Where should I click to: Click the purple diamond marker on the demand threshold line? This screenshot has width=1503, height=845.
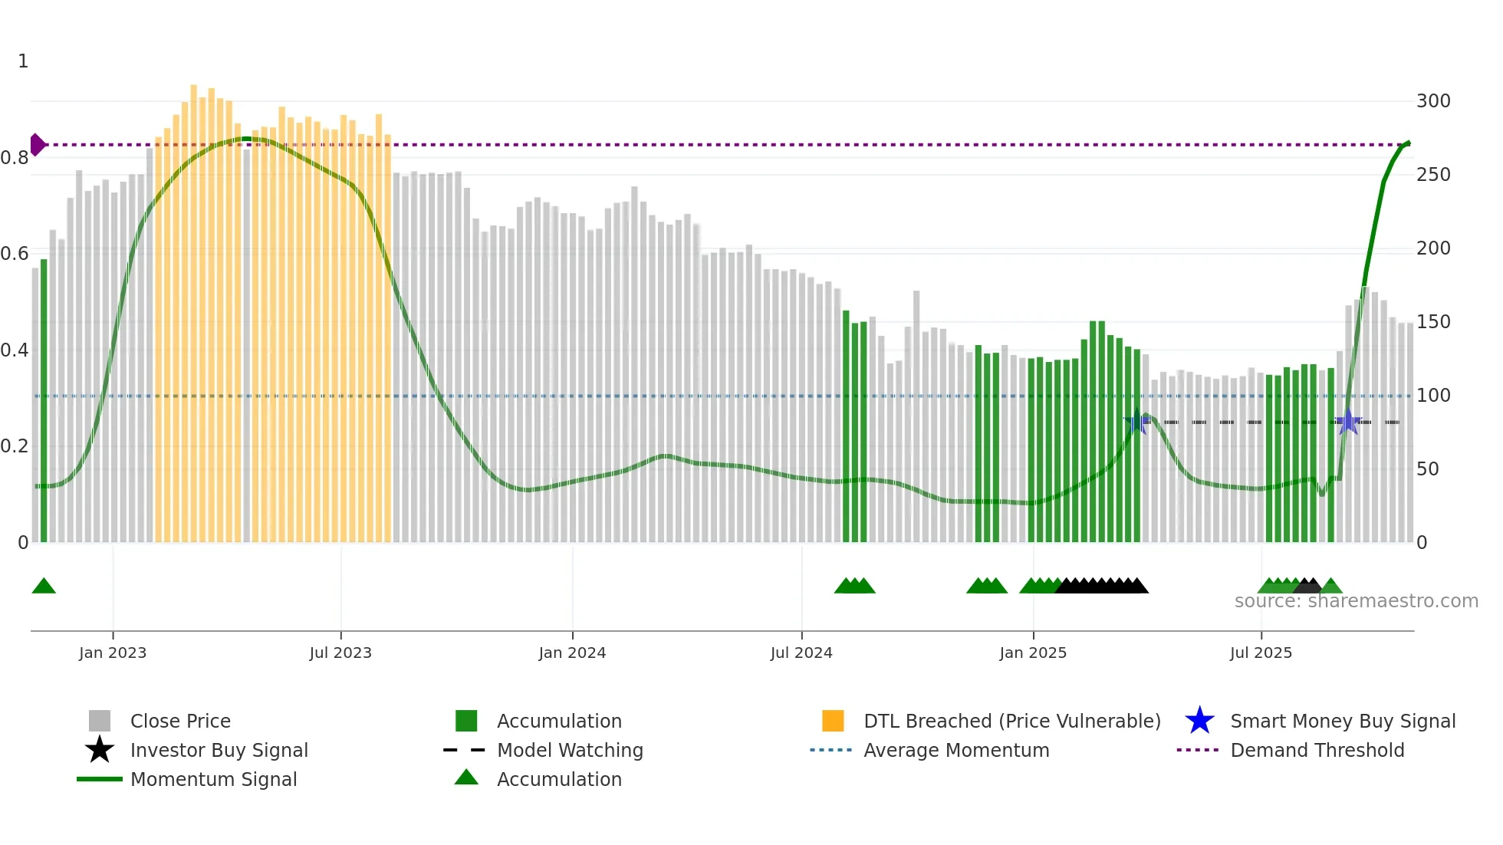point(38,144)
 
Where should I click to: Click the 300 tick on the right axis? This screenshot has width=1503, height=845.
point(1432,101)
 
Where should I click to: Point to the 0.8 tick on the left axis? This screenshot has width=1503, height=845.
point(15,158)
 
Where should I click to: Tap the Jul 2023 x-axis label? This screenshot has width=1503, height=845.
point(340,653)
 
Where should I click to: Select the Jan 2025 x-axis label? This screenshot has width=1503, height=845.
point(1032,653)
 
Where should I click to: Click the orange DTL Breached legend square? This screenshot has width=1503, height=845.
point(833,721)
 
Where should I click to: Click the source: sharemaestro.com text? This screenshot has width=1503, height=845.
point(1356,601)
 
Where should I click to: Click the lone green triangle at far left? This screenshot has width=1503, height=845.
point(44,587)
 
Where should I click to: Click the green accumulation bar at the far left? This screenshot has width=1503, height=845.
point(44,399)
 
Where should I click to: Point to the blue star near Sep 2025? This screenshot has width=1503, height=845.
point(1348,422)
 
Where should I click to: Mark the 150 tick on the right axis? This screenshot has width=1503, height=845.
point(1432,322)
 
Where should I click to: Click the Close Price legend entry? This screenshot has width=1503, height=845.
point(179,721)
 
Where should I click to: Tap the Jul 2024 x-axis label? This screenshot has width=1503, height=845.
point(801,653)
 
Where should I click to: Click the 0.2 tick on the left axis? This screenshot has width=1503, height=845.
point(15,446)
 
